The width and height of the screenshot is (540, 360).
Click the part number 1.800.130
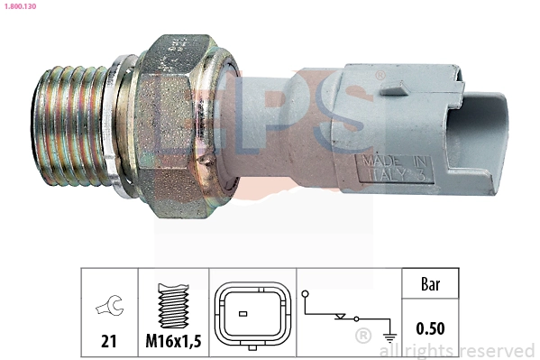coord(19,6)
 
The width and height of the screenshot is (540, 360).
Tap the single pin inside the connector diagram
coord(242,314)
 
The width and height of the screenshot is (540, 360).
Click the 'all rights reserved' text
coord(460,350)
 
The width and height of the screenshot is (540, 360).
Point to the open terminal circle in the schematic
coord(307,294)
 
